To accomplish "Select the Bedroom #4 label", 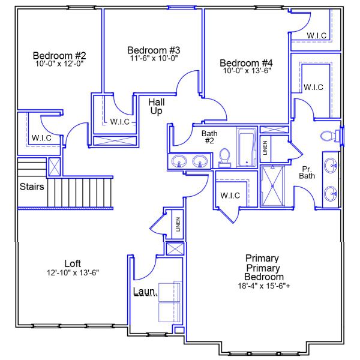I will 246,62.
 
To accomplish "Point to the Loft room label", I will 73,263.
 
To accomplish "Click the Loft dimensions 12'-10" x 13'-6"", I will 73,272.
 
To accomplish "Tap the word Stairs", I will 31,187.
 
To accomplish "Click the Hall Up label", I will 156,107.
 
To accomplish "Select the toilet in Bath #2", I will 225,157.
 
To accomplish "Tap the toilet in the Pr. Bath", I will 328,136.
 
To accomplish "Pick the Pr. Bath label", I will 307,172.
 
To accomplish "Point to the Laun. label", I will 145,292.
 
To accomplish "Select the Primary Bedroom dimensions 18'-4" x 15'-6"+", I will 264,286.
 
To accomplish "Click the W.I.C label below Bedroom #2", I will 41,138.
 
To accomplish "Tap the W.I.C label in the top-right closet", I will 317,36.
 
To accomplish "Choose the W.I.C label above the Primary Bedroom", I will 230,195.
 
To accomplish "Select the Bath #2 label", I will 209,137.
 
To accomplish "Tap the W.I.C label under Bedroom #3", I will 120,122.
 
